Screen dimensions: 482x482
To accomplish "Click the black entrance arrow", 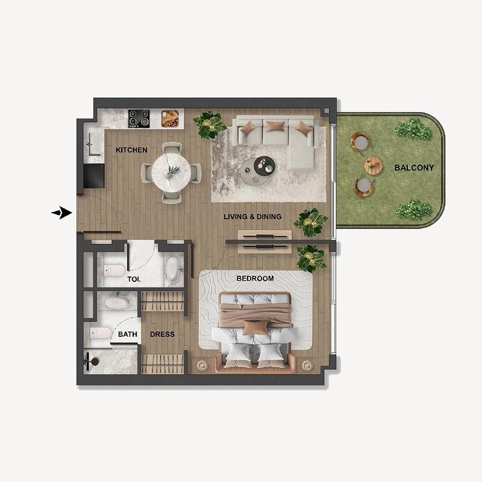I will pyautogui.click(x=61, y=213).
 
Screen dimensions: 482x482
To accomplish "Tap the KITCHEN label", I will pyautogui.click(x=131, y=150).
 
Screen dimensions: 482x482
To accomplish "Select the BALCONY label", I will pyautogui.click(x=414, y=167).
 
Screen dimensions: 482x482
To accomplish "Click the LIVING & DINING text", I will pyautogui.click(x=252, y=217).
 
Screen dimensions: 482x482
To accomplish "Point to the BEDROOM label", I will pyautogui.click(x=255, y=278).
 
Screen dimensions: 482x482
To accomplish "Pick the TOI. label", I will pyautogui.click(x=134, y=280).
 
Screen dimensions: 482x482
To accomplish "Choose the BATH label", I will pyautogui.click(x=127, y=334).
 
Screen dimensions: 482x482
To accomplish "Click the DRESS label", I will pyautogui.click(x=162, y=334).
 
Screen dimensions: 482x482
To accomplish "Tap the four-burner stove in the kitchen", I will pyautogui.click(x=140, y=117).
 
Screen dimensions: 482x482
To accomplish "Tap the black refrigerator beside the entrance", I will pyautogui.click(x=93, y=175).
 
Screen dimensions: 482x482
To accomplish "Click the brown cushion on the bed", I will pyautogui.click(x=256, y=327).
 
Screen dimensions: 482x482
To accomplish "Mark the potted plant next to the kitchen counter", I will pyautogui.click(x=210, y=125).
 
